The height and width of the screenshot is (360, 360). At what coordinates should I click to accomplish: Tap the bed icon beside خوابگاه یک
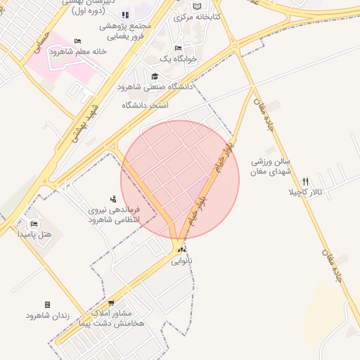(x=178, y=48)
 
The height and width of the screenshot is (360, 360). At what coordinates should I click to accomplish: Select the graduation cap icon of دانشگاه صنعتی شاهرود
(x=155, y=76)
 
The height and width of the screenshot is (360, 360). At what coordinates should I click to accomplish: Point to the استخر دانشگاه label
(x=146, y=105)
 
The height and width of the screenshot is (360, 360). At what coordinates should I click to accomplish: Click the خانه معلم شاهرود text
(x=77, y=51)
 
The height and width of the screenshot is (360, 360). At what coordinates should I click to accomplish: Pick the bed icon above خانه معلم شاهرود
(x=77, y=41)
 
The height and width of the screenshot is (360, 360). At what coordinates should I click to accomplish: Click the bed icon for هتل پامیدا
(x=34, y=224)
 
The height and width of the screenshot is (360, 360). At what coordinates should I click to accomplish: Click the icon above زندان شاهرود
(x=47, y=304)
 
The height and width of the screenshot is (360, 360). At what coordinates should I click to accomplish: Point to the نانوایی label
(x=181, y=260)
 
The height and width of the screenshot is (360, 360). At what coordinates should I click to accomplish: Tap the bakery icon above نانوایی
(x=181, y=250)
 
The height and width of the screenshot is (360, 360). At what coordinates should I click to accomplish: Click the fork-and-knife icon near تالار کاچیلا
(x=304, y=181)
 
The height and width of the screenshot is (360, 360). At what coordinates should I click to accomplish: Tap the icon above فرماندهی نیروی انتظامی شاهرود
(x=113, y=200)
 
